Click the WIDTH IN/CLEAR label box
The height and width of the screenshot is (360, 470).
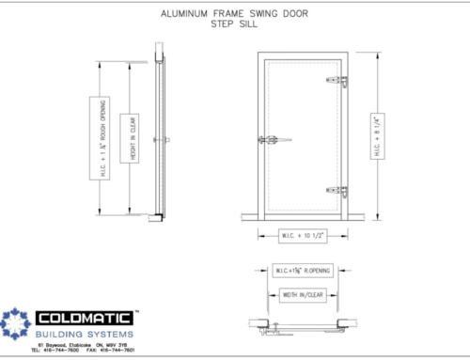click(303, 294)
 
